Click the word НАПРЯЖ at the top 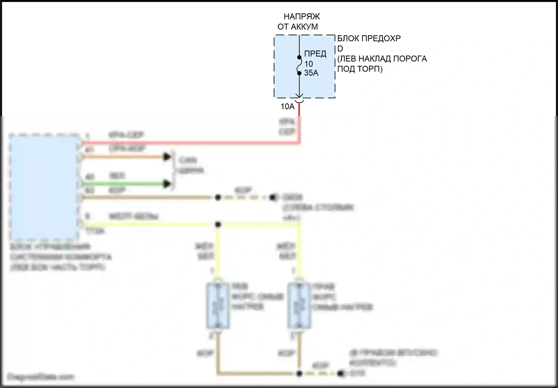302,17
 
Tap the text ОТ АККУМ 298,27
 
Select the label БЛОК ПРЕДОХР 369,38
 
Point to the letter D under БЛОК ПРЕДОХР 340,49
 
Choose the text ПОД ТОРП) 360,69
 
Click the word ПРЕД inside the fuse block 315,54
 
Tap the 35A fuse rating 311,73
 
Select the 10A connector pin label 287,107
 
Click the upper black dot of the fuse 299,58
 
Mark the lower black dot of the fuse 299,73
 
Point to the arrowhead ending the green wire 167,184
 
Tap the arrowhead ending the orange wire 167,157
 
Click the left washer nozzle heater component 218,306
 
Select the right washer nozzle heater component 299,306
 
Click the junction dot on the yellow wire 218,224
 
